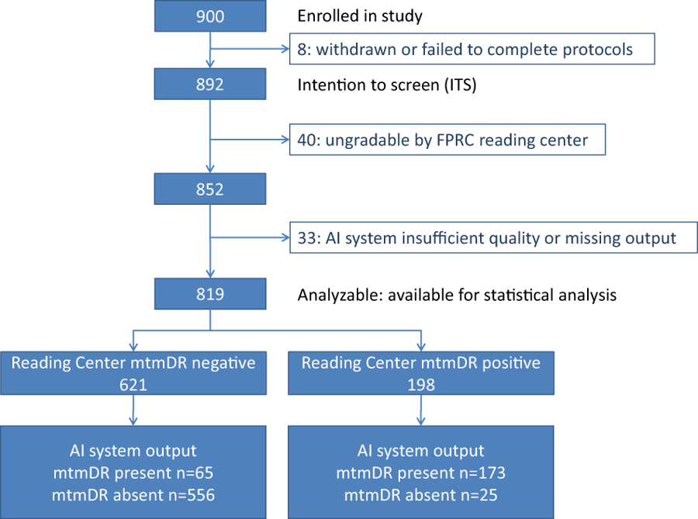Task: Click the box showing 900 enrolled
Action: [210, 16]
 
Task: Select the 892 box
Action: [210, 84]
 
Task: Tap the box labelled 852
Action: [210, 189]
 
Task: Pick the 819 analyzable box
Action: [210, 294]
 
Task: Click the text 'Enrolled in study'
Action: [360, 16]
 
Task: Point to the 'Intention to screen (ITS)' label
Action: [387, 85]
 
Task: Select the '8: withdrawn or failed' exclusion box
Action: [472, 49]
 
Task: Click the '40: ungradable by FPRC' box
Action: [447, 140]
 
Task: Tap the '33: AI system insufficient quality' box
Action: [494, 237]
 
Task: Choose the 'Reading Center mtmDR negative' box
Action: [133, 373]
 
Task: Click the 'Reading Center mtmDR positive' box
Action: [421, 373]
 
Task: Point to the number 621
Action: [133, 385]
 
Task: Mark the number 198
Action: [421, 385]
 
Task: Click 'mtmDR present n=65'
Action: [133, 472]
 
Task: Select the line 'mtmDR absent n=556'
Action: [133, 495]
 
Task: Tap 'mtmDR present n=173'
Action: [420, 472]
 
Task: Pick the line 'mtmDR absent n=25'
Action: [420, 495]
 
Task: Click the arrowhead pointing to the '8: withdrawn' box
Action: [285, 49]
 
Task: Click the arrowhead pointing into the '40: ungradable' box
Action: [285, 140]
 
